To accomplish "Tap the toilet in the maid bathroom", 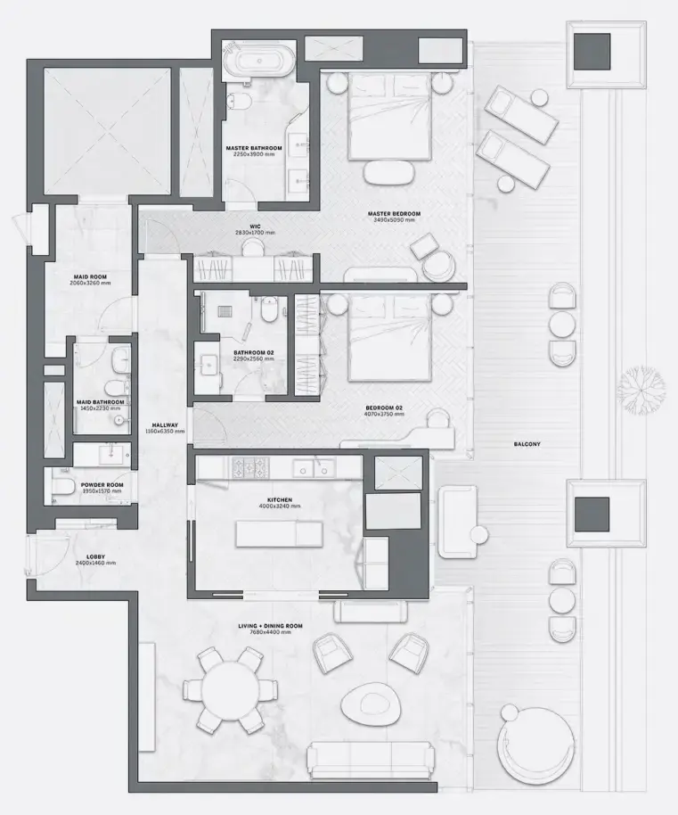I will point(113,387).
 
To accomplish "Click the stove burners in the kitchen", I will point(249,466).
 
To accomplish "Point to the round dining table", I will point(230,690).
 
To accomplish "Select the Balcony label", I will point(527,443).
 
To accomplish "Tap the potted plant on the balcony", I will point(641,388).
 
